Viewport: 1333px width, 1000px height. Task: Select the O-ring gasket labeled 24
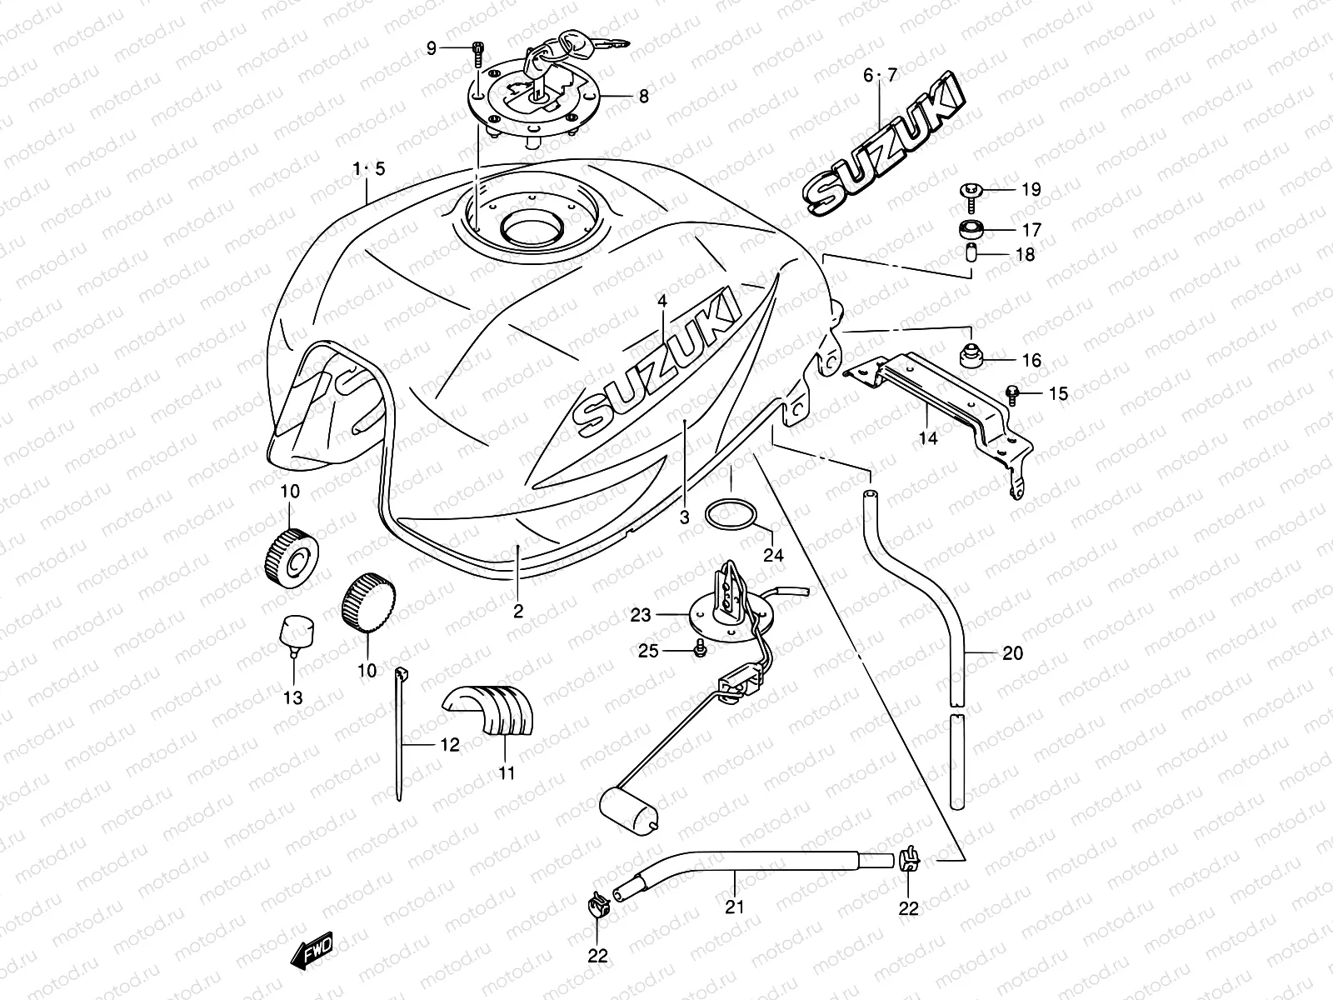(x=731, y=515)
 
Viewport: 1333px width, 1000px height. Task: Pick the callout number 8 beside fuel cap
(x=642, y=97)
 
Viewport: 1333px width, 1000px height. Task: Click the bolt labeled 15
(x=1012, y=392)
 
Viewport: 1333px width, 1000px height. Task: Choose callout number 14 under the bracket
(x=928, y=437)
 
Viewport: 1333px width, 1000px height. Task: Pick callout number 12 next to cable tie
(x=449, y=745)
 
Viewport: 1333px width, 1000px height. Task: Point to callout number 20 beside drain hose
(x=1011, y=653)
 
